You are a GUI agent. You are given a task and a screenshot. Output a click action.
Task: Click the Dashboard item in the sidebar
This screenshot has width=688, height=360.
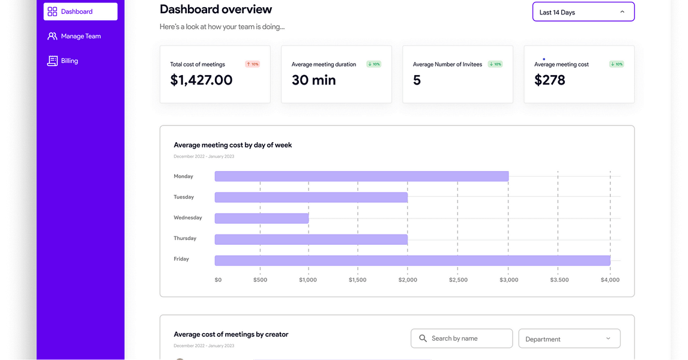click(80, 11)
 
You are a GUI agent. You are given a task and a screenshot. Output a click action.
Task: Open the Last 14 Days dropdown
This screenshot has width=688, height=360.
click(583, 12)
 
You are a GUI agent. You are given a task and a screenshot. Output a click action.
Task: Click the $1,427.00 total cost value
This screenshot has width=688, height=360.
click(201, 80)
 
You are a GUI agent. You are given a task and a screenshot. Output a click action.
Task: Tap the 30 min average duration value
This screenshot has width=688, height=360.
click(313, 80)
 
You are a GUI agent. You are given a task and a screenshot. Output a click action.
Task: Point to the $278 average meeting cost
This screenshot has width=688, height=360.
click(549, 80)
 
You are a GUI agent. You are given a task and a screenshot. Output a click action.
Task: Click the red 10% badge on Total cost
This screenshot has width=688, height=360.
click(252, 64)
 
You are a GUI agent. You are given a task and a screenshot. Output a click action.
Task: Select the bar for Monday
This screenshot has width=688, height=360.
click(361, 176)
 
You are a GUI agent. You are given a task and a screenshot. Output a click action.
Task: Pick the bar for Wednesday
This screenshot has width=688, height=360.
click(262, 218)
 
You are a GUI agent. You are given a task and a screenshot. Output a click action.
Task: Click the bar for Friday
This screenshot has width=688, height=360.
click(412, 260)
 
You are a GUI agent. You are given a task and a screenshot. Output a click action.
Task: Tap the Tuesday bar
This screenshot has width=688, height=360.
click(311, 197)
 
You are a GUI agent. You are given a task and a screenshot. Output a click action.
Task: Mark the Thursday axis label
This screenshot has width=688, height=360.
click(185, 238)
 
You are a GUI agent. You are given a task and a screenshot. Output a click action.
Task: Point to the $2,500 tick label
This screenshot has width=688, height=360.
click(458, 280)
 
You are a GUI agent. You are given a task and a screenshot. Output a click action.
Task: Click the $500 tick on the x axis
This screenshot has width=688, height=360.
click(260, 280)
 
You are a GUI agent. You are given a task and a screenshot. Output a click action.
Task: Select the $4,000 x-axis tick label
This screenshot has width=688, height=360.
click(610, 280)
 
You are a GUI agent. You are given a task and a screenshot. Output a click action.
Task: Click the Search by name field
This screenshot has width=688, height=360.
click(462, 338)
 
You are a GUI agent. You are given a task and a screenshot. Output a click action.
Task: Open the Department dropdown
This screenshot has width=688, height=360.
click(569, 339)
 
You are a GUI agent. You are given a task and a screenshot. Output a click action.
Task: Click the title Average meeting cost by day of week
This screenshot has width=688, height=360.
click(233, 145)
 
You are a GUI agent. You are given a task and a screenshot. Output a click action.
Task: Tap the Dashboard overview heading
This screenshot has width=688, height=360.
click(216, 10)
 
